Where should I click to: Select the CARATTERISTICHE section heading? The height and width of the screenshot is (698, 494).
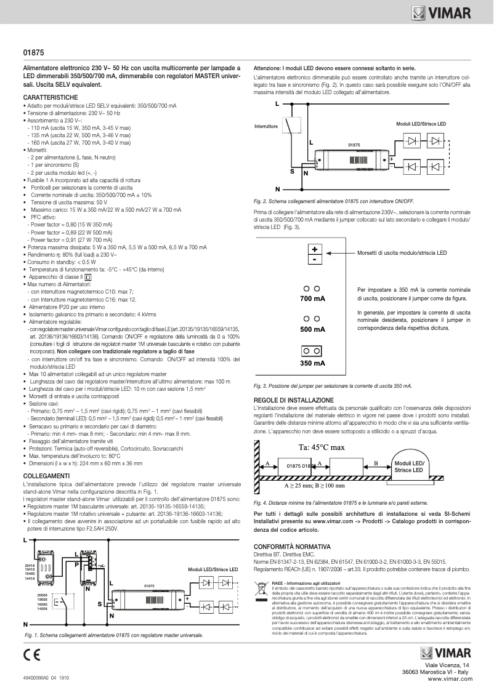point(51,98)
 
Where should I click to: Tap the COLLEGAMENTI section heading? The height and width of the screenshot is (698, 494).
point(46,476)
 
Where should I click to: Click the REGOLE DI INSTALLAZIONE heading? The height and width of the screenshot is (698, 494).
point(294,400)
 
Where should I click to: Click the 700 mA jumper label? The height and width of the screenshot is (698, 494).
point(313,299)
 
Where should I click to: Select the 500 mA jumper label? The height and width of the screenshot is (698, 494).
point(313,329)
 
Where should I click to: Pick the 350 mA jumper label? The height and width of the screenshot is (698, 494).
point(313,363)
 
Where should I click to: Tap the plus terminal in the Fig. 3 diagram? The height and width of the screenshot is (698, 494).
point(314,250)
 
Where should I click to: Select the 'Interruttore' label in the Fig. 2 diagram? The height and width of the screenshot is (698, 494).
point(266,126)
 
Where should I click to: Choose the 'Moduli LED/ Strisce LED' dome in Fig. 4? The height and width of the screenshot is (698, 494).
point(409,465)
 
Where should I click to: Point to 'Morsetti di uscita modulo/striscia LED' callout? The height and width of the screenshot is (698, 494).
point(402,253)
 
